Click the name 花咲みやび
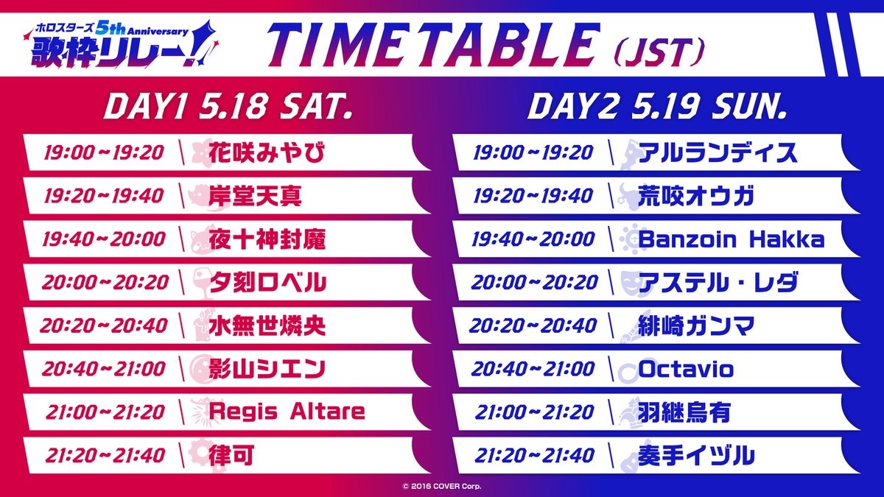click(267, 152)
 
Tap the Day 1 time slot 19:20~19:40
click(103, 196)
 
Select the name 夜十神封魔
click(267, 239)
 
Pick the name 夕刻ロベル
click(267, 283)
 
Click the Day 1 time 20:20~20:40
click(103, 325)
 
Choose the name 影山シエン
click(267, 369)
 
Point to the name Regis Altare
click(287, 412)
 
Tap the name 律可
click(231, 455)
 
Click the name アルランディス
click(718, 152)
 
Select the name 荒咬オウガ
click(696, 196)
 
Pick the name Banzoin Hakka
click(732, 239)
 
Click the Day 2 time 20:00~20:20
click(534, 283)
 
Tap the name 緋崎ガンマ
click(696, 325)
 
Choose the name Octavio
click(686, 369)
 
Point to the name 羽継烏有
click(684, 412)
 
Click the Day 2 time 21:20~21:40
click(534, 456)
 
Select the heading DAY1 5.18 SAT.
click(228, 107)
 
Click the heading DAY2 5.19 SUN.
click(657, 107)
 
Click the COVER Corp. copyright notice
click(442, 487)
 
